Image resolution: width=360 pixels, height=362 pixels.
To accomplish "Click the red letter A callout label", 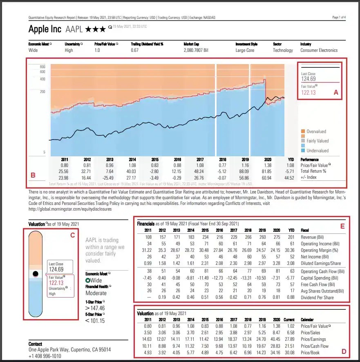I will pyautogui.click(x=336, y=93).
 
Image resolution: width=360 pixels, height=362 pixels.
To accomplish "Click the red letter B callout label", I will pyautogui.click(x=34, y=175).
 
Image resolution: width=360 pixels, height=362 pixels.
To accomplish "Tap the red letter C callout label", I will pyautogui.click(x=72, y=235).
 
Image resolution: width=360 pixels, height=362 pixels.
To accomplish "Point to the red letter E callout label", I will pyautogui.click(x=342, y=225).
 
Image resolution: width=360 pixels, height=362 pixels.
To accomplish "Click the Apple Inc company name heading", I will pyautogui.click(x=45, y=29).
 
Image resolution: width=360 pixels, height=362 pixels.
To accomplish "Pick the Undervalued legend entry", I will pyautogui.click(x=317, y=151).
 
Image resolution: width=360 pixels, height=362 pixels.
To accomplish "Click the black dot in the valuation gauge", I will pyautogui.click(x=36, y=273).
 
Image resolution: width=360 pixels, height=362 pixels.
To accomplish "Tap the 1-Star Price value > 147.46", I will pyautogui.click(x=95, y=308).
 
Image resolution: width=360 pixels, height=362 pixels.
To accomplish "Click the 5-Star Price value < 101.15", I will pyautogui.click(x=95, y=321).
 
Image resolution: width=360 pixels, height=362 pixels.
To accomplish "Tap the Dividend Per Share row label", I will pyautogui.click(x=317, y=298).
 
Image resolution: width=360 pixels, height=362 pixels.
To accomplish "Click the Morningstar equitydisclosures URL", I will pyautogui.click(x=70, y=209).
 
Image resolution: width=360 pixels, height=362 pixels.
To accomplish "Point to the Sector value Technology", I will pyautogui.click(x=283, y=50).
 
